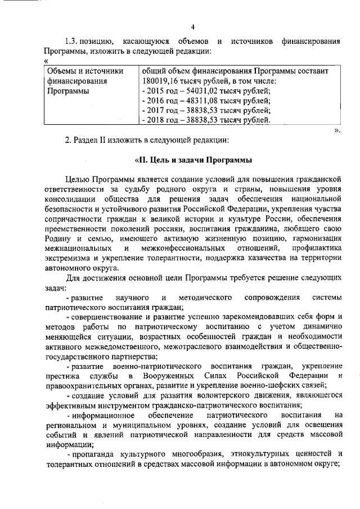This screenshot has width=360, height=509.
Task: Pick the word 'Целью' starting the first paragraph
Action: click(x=78, y=179)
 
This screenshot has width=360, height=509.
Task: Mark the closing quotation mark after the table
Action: click(x=337, y=130)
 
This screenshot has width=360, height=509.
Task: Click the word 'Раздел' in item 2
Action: click(x=85, y=140)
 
